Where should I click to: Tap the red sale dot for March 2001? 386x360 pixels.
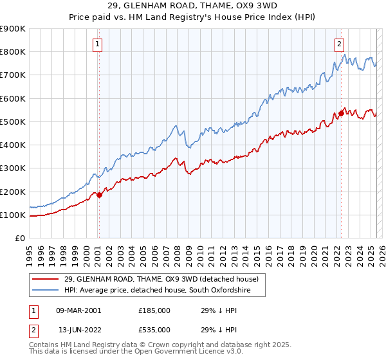coord(99,195)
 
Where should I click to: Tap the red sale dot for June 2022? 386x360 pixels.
coord(341,114)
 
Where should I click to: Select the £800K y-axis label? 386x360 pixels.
coord(13,51)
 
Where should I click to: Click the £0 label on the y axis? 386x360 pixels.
coord(19,239)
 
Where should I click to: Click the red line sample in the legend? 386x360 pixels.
coord(46,279)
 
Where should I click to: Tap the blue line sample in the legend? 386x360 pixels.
coord(46,291)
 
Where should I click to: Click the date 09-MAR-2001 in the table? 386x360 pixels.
coord(79,310)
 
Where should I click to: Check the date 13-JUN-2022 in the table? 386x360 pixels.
coord(79,329)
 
